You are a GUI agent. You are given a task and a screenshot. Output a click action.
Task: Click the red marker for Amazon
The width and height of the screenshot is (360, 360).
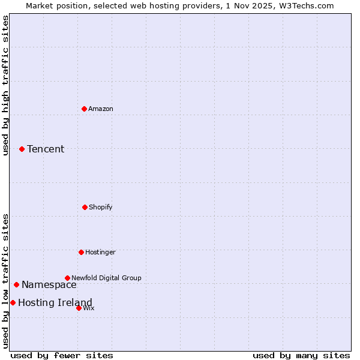[84, 109]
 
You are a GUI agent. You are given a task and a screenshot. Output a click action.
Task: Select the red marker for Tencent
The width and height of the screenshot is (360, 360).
[22, 149]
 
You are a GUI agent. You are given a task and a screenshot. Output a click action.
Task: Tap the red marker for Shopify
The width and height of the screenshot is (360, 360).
[85, 207]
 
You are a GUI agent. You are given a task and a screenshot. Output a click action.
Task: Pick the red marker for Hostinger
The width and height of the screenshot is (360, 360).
[81, 252]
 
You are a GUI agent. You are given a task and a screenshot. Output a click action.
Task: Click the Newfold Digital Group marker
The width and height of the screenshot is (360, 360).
[67, 278]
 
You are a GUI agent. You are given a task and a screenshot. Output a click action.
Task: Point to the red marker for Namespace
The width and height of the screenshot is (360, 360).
[16, 284]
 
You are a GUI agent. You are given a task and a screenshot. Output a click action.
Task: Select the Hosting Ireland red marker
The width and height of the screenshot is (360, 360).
[13, 302]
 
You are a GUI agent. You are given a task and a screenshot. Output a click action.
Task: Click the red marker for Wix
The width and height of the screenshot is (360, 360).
[79, 308]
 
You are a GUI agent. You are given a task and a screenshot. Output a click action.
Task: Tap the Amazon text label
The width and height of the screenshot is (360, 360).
[101, 109]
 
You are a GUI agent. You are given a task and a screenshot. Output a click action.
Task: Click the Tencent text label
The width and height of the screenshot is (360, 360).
[46, 149]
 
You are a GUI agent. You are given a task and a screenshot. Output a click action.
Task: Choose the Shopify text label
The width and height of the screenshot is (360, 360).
[101, 207]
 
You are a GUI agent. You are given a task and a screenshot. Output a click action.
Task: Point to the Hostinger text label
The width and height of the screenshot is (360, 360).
[100, 252]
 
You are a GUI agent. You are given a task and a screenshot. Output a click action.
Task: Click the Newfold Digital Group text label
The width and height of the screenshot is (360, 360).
[106, 278]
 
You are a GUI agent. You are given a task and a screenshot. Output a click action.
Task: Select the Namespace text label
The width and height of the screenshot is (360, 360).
[49, 285]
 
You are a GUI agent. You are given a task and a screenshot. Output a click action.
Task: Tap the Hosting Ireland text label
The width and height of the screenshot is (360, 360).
[55, 302]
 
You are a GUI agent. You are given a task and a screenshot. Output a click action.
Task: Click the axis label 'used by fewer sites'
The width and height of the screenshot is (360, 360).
[62, 355]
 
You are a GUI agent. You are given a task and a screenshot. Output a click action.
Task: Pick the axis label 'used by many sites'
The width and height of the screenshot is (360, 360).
[301, 355]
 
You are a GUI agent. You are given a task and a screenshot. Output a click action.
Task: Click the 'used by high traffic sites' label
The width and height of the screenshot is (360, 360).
[5, 85]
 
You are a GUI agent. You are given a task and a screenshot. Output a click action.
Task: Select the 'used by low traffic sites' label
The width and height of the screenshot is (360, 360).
[5, 281]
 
